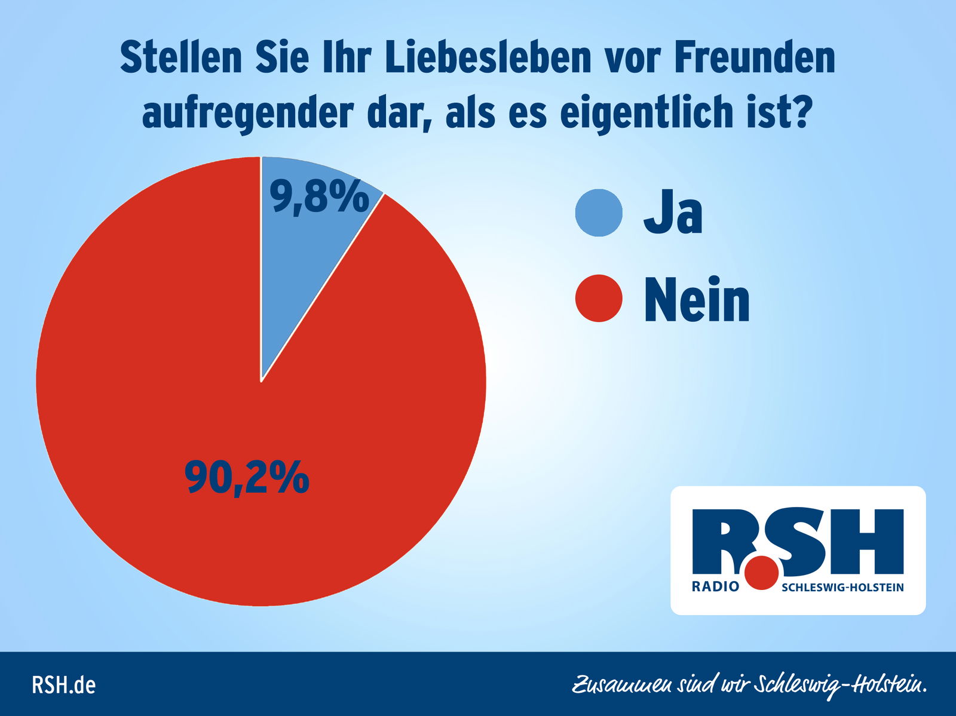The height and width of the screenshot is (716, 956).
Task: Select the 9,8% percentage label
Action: pos(319,197)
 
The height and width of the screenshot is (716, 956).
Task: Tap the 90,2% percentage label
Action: pos(247,477)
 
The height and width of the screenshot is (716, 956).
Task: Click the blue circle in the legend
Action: pos(599,213)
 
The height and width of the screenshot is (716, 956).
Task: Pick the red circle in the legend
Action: pos(599,298)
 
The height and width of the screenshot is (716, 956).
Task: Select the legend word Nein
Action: pos(697,300)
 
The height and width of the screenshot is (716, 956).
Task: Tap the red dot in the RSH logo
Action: pos(762,573)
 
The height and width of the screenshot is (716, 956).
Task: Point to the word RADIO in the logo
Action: pos(715,587)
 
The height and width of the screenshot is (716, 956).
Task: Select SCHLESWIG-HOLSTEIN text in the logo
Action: pos(842,588)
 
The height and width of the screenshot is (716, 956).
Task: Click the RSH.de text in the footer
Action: pos(63,685)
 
